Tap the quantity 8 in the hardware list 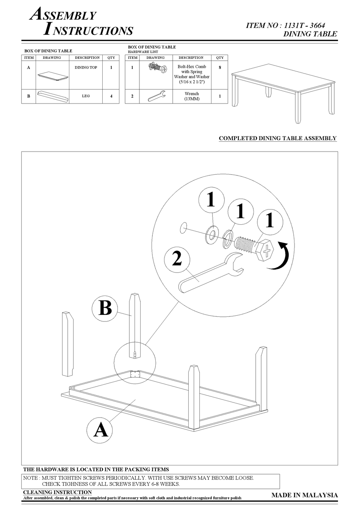pos(220,67)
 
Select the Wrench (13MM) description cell pos(192,96)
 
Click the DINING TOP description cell pos(86,67)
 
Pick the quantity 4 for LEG pos(111,96)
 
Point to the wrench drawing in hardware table pos(156,96)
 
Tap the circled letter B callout pos(105,308)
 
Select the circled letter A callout pos(100,430)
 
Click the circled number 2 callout pos(177,259)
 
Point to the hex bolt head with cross pos(266,251)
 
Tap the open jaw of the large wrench pos(235,265)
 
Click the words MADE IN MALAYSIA pos(304,495)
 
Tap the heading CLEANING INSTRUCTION pos(57,492)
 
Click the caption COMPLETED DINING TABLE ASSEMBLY pos(277,138)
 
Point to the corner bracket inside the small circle pos(135,374)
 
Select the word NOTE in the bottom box pos(30,478)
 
